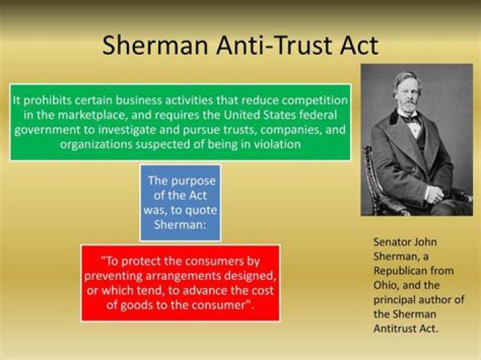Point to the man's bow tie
point(410,119)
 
